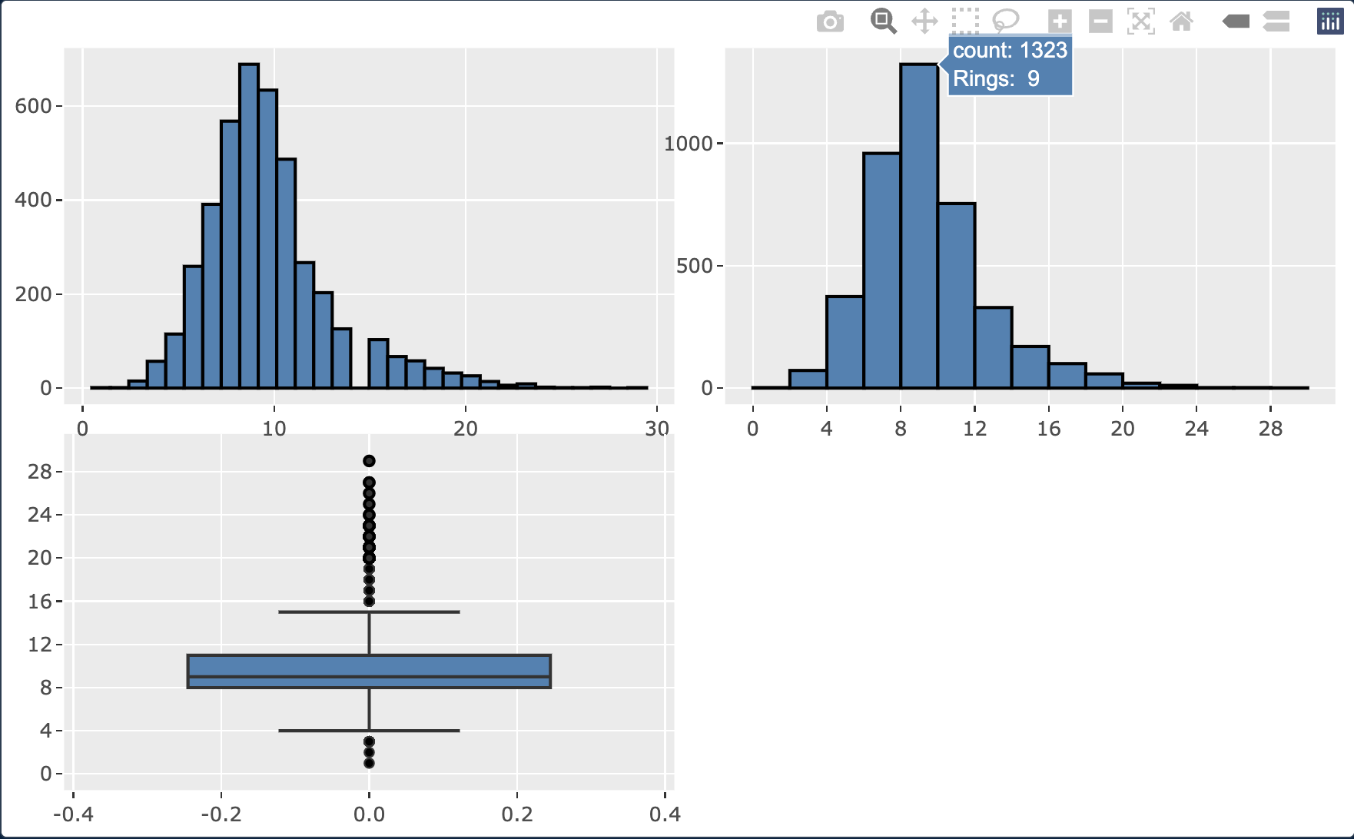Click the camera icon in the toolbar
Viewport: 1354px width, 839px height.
(830, 22)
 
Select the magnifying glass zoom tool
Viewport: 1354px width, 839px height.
(883, 21)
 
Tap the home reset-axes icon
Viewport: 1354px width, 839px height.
(1181, 22)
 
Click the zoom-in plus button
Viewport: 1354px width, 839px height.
(1060, 22)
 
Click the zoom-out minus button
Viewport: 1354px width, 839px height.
(1100, 22)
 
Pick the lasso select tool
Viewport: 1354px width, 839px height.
(1005, 21)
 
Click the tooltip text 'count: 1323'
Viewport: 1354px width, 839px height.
(1010, 51)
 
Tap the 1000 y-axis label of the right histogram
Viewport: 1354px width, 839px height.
(688, 144)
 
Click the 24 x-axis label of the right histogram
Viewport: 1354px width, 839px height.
(1196, 429)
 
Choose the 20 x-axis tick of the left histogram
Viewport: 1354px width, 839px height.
(465, 429)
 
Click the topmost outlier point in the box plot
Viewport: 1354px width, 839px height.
(369, 461)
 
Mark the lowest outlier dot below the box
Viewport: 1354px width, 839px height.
(369, 763)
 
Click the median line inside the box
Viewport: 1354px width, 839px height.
(369, 677)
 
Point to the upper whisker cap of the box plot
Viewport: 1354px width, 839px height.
(369, 612)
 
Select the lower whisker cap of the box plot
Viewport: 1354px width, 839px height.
(369, 731)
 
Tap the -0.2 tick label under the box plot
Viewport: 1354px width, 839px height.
(221, 814)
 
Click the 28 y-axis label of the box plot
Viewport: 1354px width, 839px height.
(39, 472)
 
